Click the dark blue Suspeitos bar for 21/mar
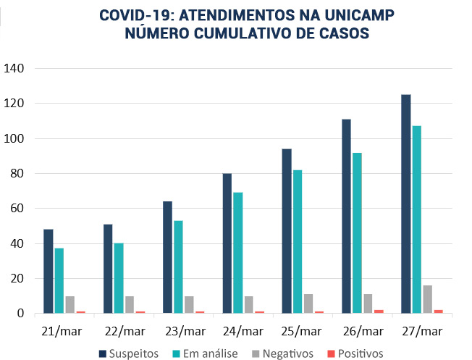pos(48,272)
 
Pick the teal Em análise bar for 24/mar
pos(237,253)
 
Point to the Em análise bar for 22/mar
pos(119,278)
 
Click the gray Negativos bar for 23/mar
pos(189,304)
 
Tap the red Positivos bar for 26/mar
pos(379,311)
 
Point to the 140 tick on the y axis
pos(15,69)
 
